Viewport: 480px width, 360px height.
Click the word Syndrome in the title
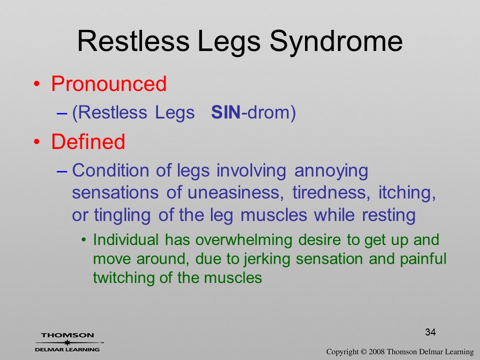[336, 42]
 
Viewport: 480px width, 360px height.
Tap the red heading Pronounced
[108, 83]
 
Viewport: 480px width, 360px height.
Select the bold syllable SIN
[225, 112]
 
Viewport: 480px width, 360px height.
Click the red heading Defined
[88, 141]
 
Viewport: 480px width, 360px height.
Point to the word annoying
[331, 171]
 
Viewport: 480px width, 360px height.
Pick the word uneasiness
[235, 192]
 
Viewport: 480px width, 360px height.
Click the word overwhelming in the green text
[244, 239]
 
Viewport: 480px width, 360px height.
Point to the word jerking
[267, 259]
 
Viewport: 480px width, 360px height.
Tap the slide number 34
[430, 332]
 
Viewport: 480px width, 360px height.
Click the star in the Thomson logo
[67, 342]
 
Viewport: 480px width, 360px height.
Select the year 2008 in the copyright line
[377, 352]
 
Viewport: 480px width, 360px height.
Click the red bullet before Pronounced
[36, 84]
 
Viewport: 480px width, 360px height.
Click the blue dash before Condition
[61, 171]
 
